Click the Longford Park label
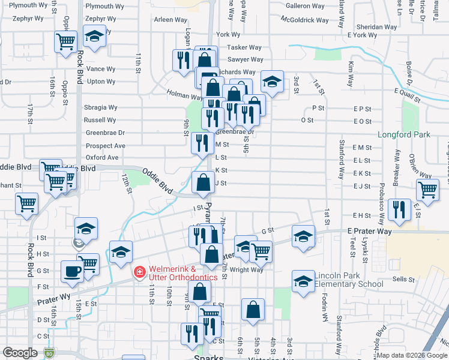(x=401, y=134)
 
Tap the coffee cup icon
(x=73, y=271)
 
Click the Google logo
(x=20, y=353)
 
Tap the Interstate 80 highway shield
(x=49, y=354)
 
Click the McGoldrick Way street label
(x=304, y=20)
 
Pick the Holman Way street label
(x=184, y=95)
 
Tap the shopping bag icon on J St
(x=203, y=182)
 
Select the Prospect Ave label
(x=105, y=146)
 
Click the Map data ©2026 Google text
(x=411, y=355)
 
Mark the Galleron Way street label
(x=306, y=5)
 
